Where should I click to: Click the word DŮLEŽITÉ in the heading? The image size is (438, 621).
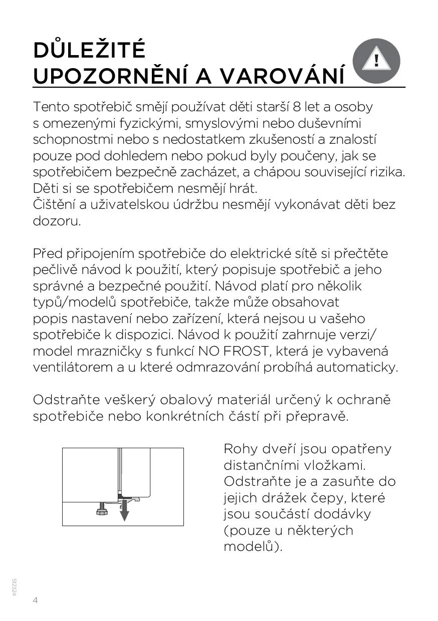click(89, 51)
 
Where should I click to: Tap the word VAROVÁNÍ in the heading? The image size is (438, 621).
click(282, 76)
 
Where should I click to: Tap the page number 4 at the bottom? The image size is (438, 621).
click(36, 600)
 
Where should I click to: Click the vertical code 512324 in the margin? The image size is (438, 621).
click(15, 586)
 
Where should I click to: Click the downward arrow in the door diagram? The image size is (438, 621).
click(124, 511)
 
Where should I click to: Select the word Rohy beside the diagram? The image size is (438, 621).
click(240, 449)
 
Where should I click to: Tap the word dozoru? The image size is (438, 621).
click(57, 221)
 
